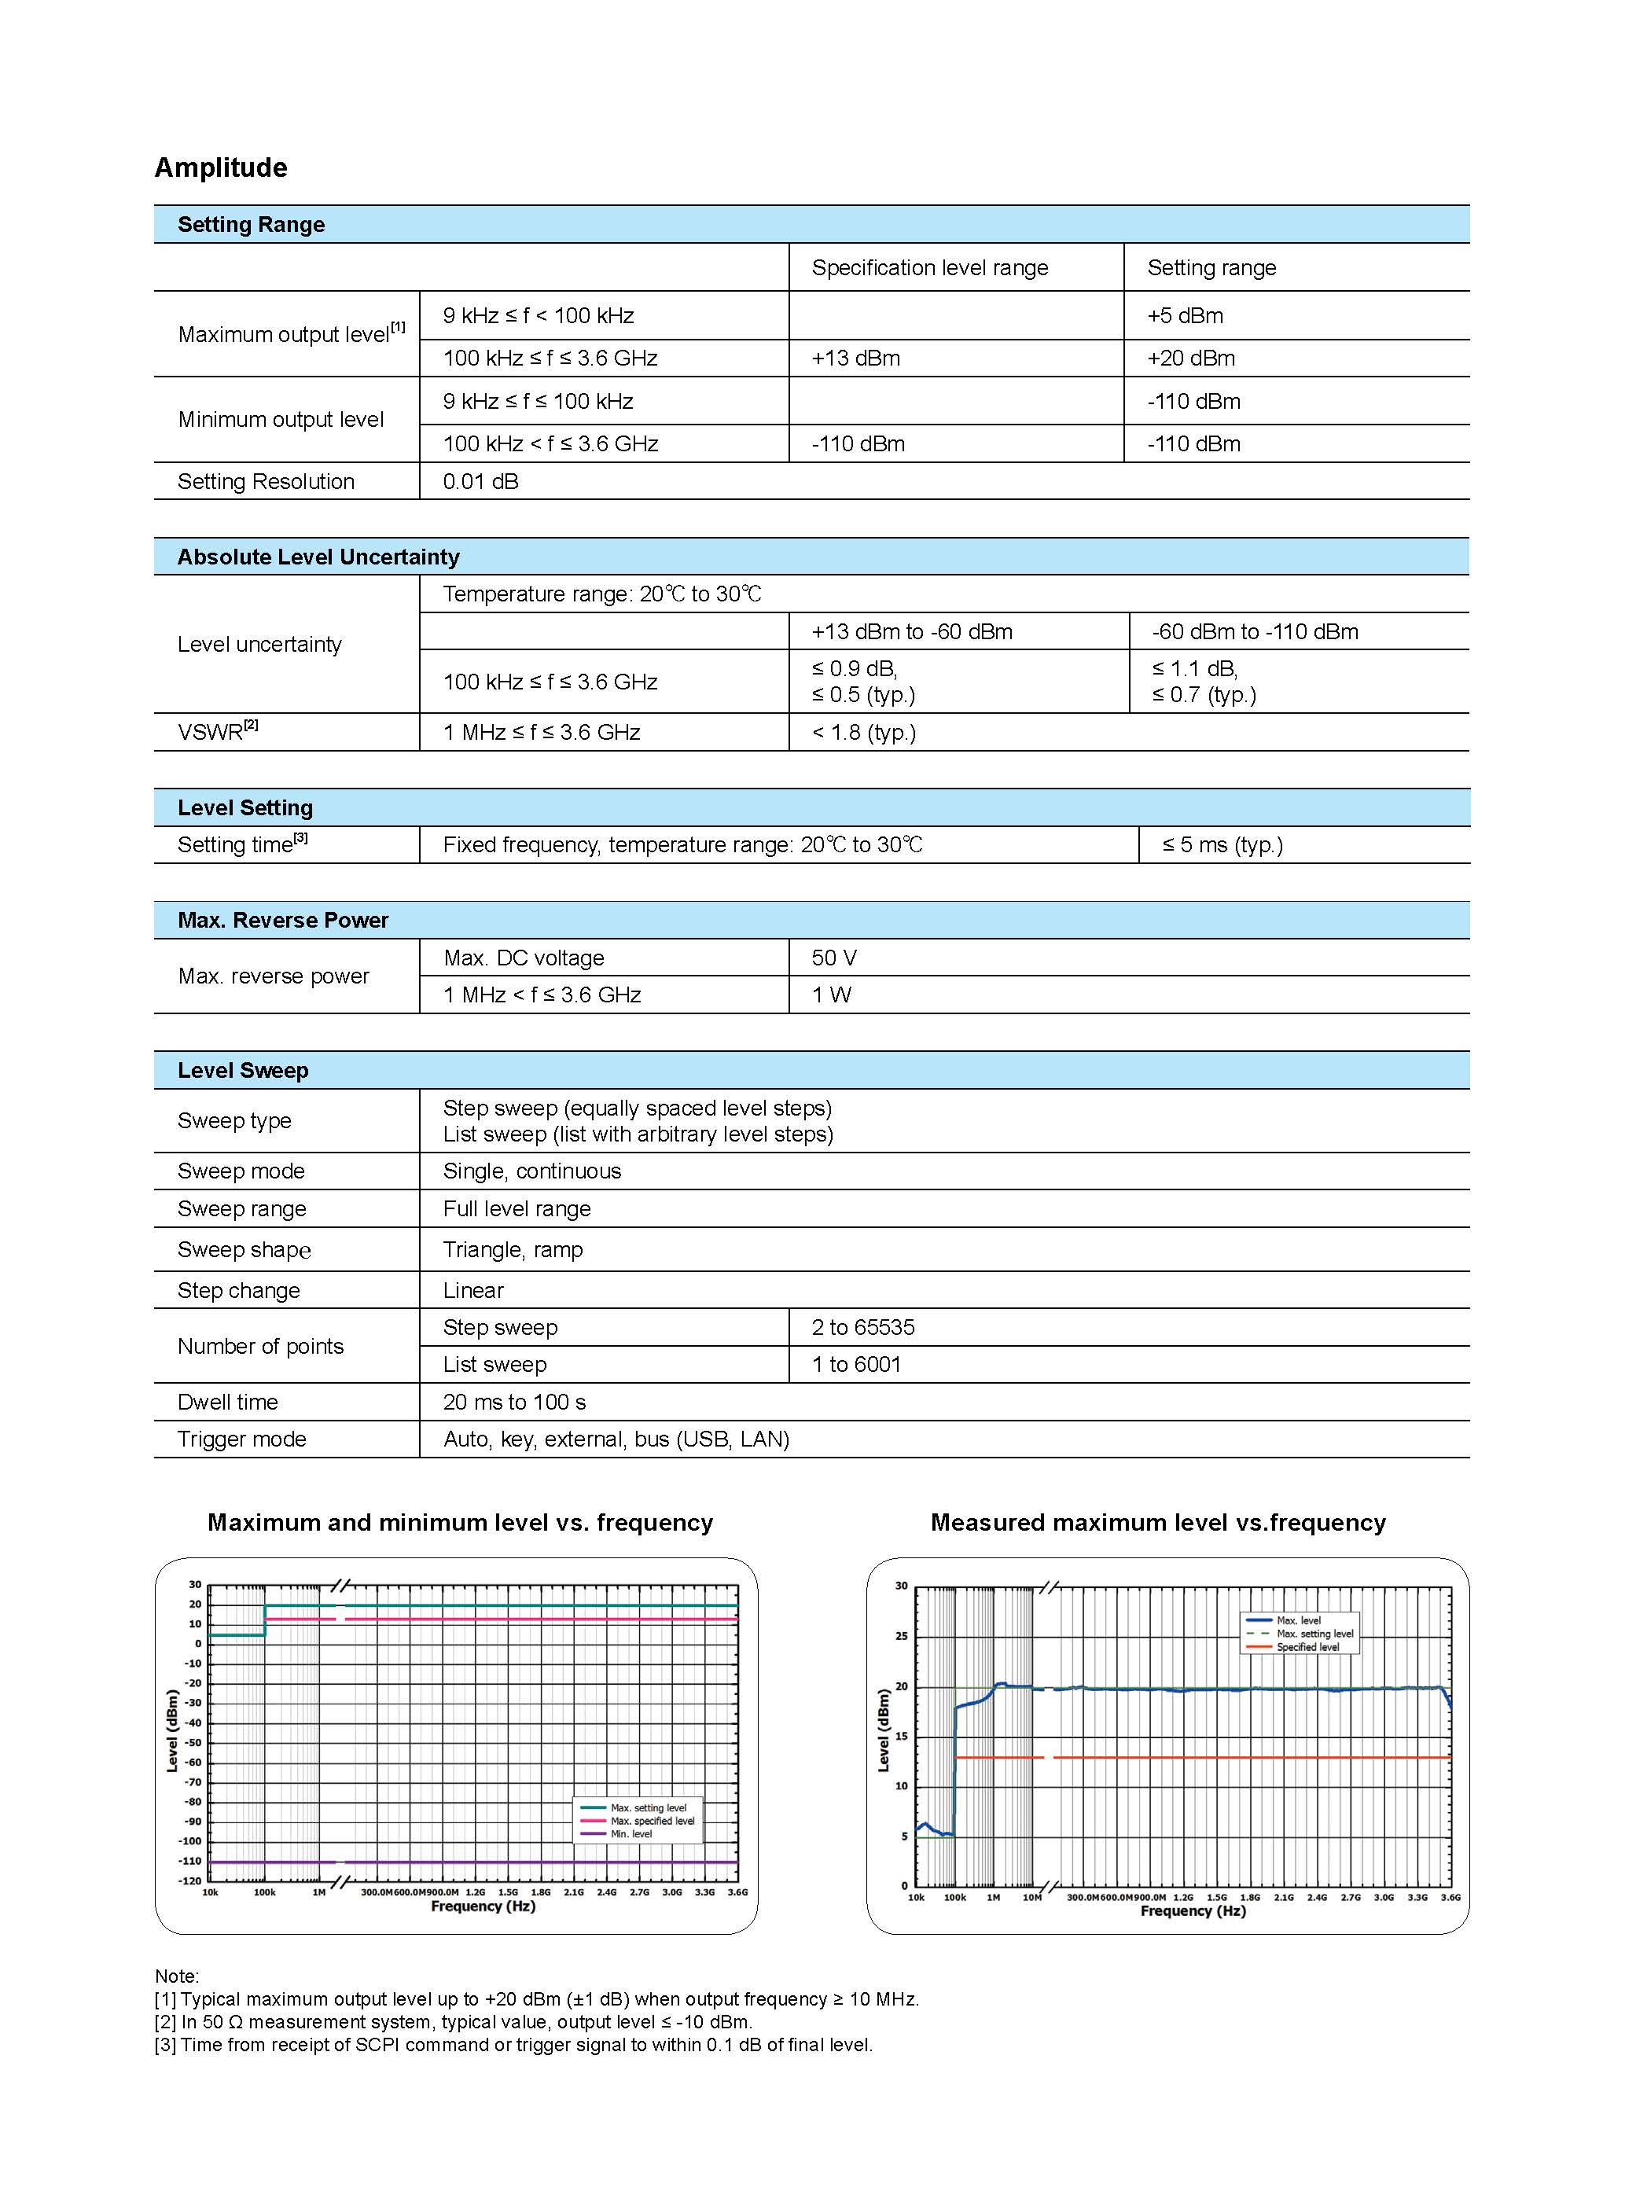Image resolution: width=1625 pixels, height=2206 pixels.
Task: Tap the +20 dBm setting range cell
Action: tap(1190, 358)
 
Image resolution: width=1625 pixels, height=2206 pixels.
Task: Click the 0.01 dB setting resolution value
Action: tap(480, 482)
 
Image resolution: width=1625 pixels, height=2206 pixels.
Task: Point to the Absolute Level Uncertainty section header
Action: tap(318, 557)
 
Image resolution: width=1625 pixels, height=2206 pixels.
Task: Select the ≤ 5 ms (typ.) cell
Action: tap(1222, 845)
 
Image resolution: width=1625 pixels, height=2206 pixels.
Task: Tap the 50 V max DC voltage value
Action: tap(833, 958)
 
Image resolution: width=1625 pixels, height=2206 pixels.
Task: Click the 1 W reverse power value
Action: tap(831, 995)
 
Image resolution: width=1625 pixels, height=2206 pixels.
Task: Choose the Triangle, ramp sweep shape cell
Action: tap(513, 1250)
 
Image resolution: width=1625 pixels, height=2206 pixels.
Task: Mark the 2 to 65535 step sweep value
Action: tap(862, 1328)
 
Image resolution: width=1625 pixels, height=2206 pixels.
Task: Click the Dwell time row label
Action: tap(227, 1403)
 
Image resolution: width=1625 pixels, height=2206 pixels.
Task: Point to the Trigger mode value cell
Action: tap(616, 1439)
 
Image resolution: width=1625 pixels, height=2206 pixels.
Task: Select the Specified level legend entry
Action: tap(1307, 1647)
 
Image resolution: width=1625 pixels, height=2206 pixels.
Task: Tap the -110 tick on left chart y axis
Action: tap(189, 1862)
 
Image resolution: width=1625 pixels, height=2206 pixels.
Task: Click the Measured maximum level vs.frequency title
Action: tap(1158, 1524)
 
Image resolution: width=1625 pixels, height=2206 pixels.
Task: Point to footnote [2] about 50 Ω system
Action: tap(454, 2022)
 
